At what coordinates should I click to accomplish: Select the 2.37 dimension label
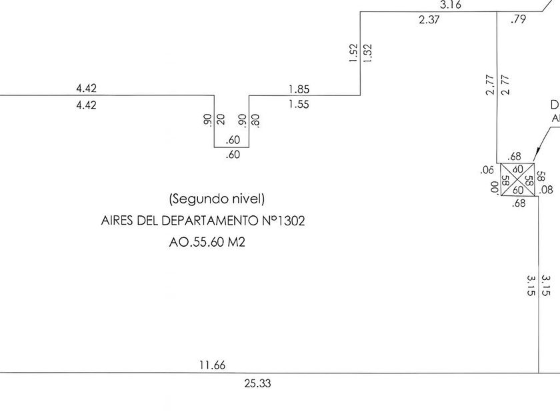429,20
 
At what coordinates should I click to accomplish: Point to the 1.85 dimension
299,89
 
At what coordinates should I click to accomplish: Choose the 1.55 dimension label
299,104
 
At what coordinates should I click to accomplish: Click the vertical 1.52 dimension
353,53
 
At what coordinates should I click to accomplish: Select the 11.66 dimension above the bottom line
213,365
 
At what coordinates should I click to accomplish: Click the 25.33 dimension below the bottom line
258,383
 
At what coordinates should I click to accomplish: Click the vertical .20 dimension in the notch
221,120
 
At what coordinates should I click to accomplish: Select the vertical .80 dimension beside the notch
256,120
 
